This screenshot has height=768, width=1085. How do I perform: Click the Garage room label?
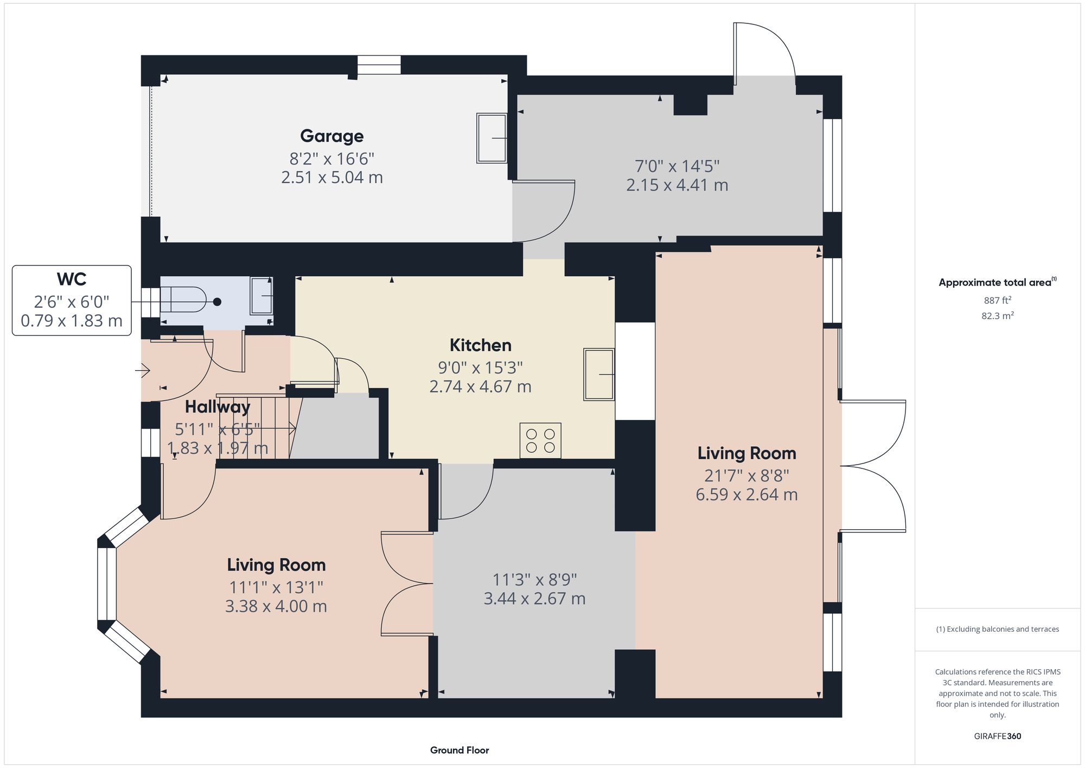pos(331,136)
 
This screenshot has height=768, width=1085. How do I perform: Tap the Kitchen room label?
pos(480,345)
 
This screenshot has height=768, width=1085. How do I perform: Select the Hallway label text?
pos(218,407)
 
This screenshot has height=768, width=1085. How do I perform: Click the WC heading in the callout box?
pos(72,280)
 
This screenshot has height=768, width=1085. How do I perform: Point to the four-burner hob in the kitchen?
pos(540,441)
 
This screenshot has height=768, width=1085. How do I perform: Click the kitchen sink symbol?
pos(599,375)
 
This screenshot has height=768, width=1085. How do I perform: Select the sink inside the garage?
pos(492,138)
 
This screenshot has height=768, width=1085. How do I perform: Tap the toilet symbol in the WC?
pos(184,300)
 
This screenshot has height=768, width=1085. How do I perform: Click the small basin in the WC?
pos(261,296)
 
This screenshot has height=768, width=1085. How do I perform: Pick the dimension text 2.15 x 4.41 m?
pos(677,185)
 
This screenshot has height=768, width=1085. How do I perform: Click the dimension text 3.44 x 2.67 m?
pos(534,599)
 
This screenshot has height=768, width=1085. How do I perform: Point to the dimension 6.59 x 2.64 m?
pos(746,494)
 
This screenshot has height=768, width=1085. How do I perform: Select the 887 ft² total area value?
pos(997,300)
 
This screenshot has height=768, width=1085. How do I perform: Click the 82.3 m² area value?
pos(997,316)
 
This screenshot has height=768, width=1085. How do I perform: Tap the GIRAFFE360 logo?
pos(997,737)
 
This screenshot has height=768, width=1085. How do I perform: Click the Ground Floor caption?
pos(459,750)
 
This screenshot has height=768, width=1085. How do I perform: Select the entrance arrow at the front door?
pos(143,371)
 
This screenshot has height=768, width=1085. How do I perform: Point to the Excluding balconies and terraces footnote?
pos(997,629)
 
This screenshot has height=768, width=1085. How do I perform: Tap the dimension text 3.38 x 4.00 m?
pos(276,606)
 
